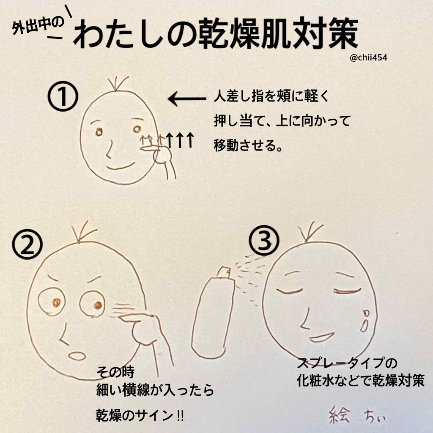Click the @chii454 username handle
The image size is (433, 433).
click(x=369, y=58)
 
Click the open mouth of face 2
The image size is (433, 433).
click(x=77, y=356)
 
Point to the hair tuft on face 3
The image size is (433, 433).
click(x=310, y=232)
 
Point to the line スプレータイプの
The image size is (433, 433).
click(x=348, y=363)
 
